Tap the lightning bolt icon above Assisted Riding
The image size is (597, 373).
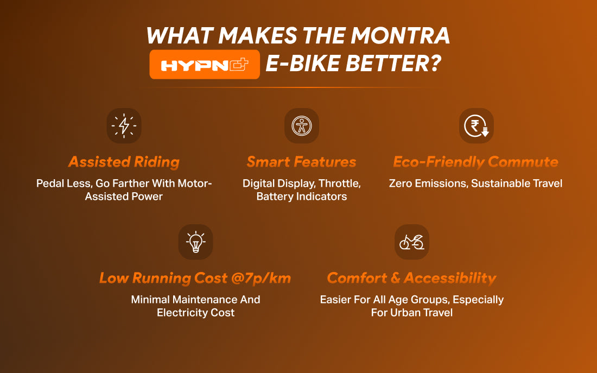point(124,125)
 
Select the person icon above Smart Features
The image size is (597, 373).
point(301,125)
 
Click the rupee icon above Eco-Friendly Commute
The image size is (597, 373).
point(476,125)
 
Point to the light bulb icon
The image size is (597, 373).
point(195,242)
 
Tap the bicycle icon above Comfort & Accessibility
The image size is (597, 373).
point(411,242)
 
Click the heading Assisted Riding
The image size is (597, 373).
point(124,162)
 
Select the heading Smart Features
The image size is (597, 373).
point(301,162)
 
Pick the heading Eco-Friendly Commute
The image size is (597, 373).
point(475,162)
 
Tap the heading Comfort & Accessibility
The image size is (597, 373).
point(411,279)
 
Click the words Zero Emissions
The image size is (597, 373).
point(427,184)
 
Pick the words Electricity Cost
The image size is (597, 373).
point(196,313)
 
